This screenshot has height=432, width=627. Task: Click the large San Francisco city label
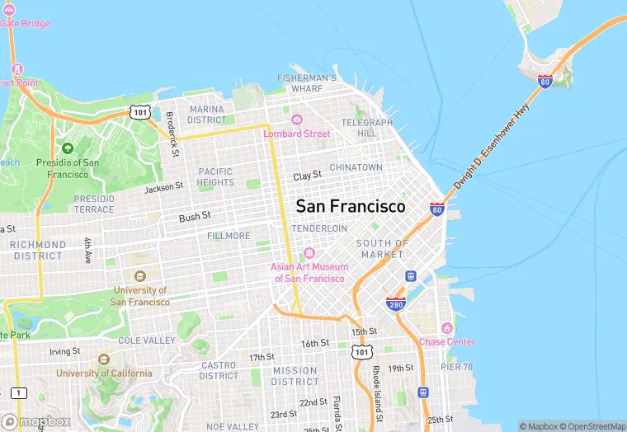click(x=351, y=206)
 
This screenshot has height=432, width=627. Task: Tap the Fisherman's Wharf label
click(x=306, y=82)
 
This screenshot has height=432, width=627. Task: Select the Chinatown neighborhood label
click(x=356, y=167)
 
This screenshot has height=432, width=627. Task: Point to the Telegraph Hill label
click(x=367, y=128)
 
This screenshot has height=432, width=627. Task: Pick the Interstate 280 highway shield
click(x=395, y=304)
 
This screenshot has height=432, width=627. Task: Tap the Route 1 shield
click(x=18, y=392)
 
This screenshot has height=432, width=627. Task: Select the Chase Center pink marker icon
click(x=446, y=328)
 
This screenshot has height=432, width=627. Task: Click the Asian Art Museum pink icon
click(x=309, y=253)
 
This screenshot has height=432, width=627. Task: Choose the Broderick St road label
click(x=172, y=134)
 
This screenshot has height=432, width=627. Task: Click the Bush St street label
click(x=196, y=216)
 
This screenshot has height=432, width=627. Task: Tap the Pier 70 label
click(x=456, y=366)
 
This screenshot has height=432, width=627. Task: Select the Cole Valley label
click(x=146, y=340)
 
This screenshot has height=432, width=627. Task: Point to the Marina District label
click(x=206, y=115)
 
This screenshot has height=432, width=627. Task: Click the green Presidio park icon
click(x=67, y=148)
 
